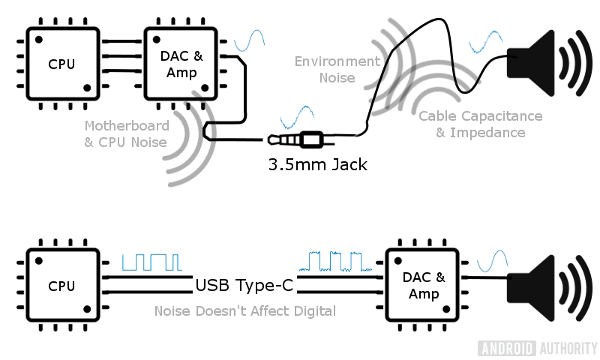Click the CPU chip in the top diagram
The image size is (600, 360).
click(61, 64)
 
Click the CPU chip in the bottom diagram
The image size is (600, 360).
click(61, 286)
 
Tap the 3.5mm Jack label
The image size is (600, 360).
click(318, 164)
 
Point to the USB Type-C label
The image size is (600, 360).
click(244, 285)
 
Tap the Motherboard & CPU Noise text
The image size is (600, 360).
click(126, 133)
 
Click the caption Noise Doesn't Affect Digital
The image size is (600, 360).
click(244, 310)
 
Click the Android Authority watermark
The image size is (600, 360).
click(537, 348)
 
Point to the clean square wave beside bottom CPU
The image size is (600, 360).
click(151, 262)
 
